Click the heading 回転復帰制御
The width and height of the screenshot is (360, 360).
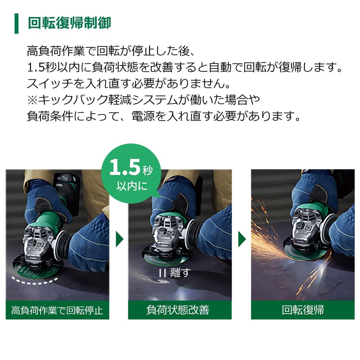[x=69, y=23]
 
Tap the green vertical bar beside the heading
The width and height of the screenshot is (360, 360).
[x=16, y=24]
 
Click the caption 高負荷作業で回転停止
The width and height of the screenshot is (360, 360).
[x=57, y=310]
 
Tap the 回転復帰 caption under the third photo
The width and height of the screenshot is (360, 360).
[x=303, y=310]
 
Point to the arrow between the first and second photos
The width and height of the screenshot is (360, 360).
[x=120, y=239]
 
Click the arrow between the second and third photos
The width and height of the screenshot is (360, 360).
[x=242, y=239]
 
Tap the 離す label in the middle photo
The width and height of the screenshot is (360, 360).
[x=179, y=273]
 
